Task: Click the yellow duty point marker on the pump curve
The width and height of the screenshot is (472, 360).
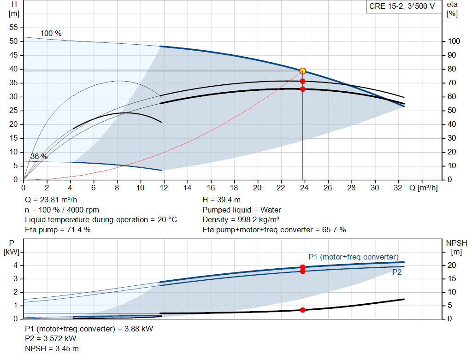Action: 302,71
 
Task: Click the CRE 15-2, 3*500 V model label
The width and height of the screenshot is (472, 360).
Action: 401,6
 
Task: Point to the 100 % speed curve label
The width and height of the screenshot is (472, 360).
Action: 51,34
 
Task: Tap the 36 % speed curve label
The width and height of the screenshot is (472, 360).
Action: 39,157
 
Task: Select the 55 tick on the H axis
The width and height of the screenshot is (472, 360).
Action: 13,28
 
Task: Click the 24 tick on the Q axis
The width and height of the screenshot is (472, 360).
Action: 304,188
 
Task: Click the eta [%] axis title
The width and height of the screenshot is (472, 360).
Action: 452,9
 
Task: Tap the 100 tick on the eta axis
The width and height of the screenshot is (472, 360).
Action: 454,41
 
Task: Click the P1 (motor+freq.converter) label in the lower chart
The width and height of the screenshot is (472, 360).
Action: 354,257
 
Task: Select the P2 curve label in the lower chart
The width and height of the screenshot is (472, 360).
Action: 397,272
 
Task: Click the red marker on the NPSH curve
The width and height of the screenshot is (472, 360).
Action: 302,310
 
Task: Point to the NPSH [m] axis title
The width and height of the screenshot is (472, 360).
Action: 456,247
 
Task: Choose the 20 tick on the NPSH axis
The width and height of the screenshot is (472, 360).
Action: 452,266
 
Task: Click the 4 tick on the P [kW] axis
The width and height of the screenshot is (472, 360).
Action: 15,266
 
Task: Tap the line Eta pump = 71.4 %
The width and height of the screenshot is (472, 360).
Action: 58,230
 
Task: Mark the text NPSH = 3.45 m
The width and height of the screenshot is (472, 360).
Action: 52,349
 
